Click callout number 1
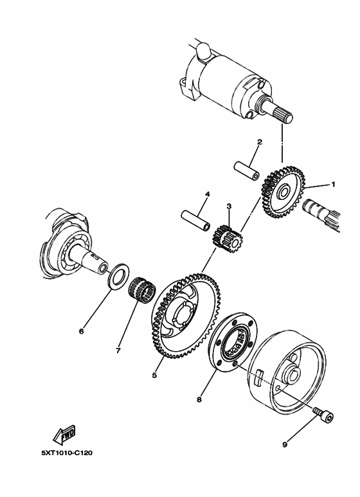click(x=333, y=184)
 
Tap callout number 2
click(x=259, y=141)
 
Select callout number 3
click(x=228, y=206)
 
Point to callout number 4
click(x=208, y=194)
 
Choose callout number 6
click(x=82, y=331)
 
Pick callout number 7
click(x=118, y=351)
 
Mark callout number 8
click(x=199, y=399)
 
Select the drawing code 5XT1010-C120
click(x=67, y=453)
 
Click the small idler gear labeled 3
click(x=228, y=236)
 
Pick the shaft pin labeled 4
click(x=195, y=219)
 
